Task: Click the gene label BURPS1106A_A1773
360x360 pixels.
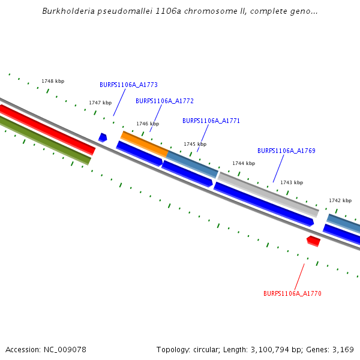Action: click(x=128, y=85)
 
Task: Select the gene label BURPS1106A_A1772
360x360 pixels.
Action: click(x=164, y=101)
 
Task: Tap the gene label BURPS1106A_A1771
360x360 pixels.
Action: click(x=211, y=121)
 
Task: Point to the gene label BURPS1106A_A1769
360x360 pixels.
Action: click(x=286, y=151)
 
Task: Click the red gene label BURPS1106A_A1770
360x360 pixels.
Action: click(x=292, y=293)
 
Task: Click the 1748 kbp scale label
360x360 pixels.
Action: click(x=53, y=81)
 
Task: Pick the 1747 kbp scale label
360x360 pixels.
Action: click(x=100, y=103)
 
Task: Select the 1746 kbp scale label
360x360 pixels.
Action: click(x=148, y=124)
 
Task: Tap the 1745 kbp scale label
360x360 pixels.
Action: click(x=195, y=144)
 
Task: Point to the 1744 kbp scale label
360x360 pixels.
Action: click(x=244, y=163)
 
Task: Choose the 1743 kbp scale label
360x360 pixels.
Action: click(x=292, y=182)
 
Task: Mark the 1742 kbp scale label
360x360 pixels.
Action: click(x=340, y=200)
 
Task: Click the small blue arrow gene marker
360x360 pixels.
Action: click(x=103, y=137)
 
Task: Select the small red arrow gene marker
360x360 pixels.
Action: click(x=313, y=241)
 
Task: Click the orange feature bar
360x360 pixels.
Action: click(x=144, y=144)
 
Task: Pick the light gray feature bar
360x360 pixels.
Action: click(x=268, y=194)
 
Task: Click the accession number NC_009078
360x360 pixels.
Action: click(x=62, y=349)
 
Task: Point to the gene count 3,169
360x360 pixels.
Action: click(x=342, y=349)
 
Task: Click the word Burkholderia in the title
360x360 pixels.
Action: click(x=65, y=11)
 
